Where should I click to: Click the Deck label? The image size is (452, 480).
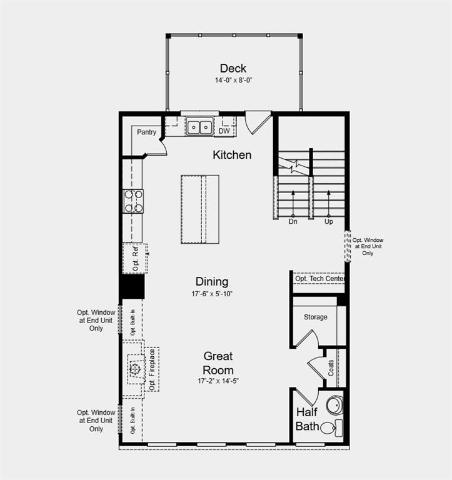click(x=233, y=68)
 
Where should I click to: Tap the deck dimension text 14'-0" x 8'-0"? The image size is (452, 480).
click(x=233, y=80)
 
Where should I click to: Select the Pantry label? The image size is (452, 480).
click(x=147, y=132)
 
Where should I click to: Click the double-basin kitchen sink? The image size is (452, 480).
click(x=200, y=127)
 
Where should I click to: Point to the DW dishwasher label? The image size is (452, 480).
click(x=224, y=131)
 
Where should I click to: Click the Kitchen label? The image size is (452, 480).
click(x=232, y=154)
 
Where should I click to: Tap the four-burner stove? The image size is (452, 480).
click(x=133, y=201)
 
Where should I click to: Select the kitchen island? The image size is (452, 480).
click(x=200, y=209)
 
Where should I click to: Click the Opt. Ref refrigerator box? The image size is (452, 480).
click(x=134, y=258)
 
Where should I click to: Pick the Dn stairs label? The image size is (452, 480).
click(x=293, y=221)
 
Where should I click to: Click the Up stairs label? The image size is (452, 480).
click(x=329, y=221)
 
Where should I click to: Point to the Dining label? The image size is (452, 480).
click(x=212, y=281)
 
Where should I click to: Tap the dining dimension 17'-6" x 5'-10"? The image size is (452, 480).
click(x=212, y=294)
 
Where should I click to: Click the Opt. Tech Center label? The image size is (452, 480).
click(x=319, y=278)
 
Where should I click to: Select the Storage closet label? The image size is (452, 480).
click(x=315, y=317)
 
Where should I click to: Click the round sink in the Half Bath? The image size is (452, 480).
click(x=335, y=405)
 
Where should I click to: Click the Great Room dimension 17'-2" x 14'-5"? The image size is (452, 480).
click(x=218, y=381)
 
